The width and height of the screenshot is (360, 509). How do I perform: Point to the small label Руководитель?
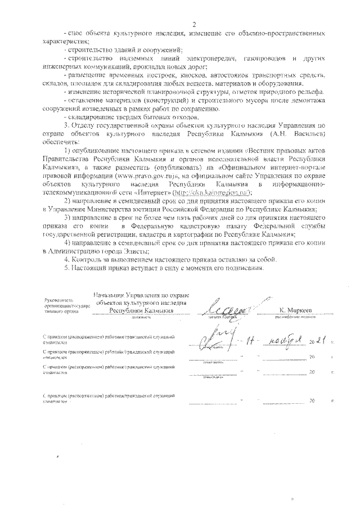pos(58,301)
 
